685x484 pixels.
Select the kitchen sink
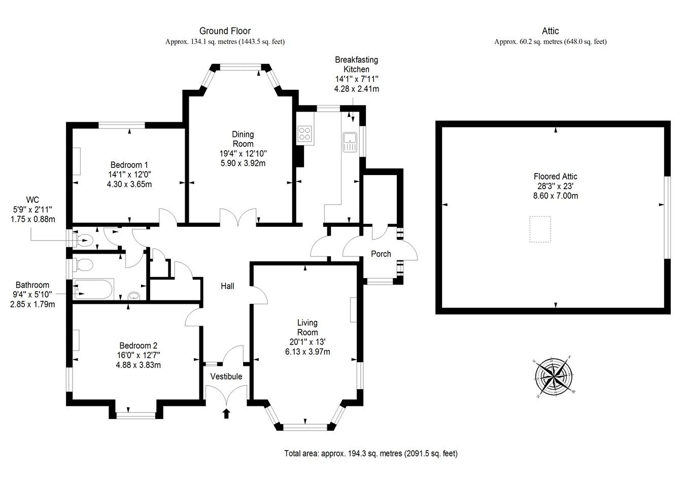pyautogui.click(x=350, y=142)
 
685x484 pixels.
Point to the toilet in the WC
pyautogui.click(x=85, y=239)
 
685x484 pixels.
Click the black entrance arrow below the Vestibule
pyautogui.click(x=226, y=413)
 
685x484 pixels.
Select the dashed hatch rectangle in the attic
pyautogui.click(x=540, y=229)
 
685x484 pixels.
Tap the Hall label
pyautogui.click(x=227, y=286)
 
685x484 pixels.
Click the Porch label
pyautogui.click(x=381, y=254)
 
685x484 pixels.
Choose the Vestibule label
pyautogui.click(x=226, y=376)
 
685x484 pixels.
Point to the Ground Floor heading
pyautogui.click(x=225, y=31)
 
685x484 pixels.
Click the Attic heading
pyautogui.click(x=551, y=31)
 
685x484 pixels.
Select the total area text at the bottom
pyautogui.click(x=370, y=453)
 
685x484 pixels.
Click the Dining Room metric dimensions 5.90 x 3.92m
pyautogui.click(x=243, y=163)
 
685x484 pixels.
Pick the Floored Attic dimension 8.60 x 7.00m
pyautogui.click(x=555, y=195)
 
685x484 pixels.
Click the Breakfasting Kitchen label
pyautogui.click(x=356, y=64)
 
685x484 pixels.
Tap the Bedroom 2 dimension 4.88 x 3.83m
pyautogui.click(x=136, y=364)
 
